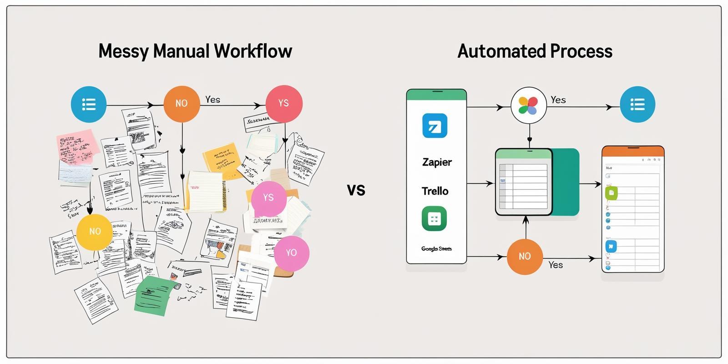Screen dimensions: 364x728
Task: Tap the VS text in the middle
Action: coord(356,190)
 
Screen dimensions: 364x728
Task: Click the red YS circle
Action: coord(284,104)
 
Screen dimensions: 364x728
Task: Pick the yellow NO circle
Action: coord(95,232)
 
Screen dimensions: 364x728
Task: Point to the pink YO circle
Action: coord(292,253)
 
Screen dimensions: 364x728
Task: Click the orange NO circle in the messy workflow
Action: coord(182,104)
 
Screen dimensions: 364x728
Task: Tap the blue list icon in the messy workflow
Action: coord(89,104)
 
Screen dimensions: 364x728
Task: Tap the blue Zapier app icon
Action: coord(435,126)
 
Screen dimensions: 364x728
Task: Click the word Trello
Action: coord(435,191)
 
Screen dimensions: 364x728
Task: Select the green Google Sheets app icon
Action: coord(434,219)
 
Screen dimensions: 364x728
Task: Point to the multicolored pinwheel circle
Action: coord(528,106)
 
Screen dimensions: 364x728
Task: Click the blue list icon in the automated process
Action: coord(637,104)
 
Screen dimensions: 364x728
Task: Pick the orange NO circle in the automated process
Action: coord(525,257)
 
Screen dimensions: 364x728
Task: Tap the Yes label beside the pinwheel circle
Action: coord(558,100)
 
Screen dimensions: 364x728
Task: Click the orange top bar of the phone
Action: coord(633,152)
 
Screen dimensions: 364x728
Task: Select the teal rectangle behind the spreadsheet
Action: coord(566,182)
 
